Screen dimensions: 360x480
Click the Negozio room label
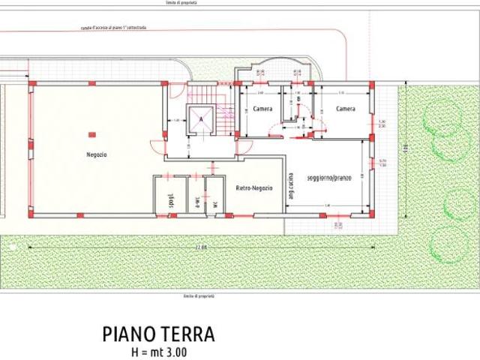pyautogui.click(x=96, y=154)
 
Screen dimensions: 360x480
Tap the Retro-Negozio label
pyautogui.click(x=254, y=187)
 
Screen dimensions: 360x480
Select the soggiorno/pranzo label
pyautogui.click(x=329, y=178)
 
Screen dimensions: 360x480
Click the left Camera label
pyautogui.click(x=262, y=109)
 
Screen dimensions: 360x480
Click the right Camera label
pyautogui.click(x=345, y=109)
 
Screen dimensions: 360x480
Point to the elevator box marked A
pyautogui.click(x=201, y=119)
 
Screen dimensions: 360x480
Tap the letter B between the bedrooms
pyautogui.click(x=298, y=99)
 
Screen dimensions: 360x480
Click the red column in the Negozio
pyautogui.click(x=91, y=134)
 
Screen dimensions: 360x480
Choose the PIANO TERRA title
pyautogui.click(x=158, y=334)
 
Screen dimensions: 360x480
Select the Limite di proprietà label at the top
pyautogui.click(x=183, y=3)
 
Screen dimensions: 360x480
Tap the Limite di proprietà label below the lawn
pyautogui.click(x=199, y=295)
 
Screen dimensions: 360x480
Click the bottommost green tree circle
pyautogui.click(x=448, y=245)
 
